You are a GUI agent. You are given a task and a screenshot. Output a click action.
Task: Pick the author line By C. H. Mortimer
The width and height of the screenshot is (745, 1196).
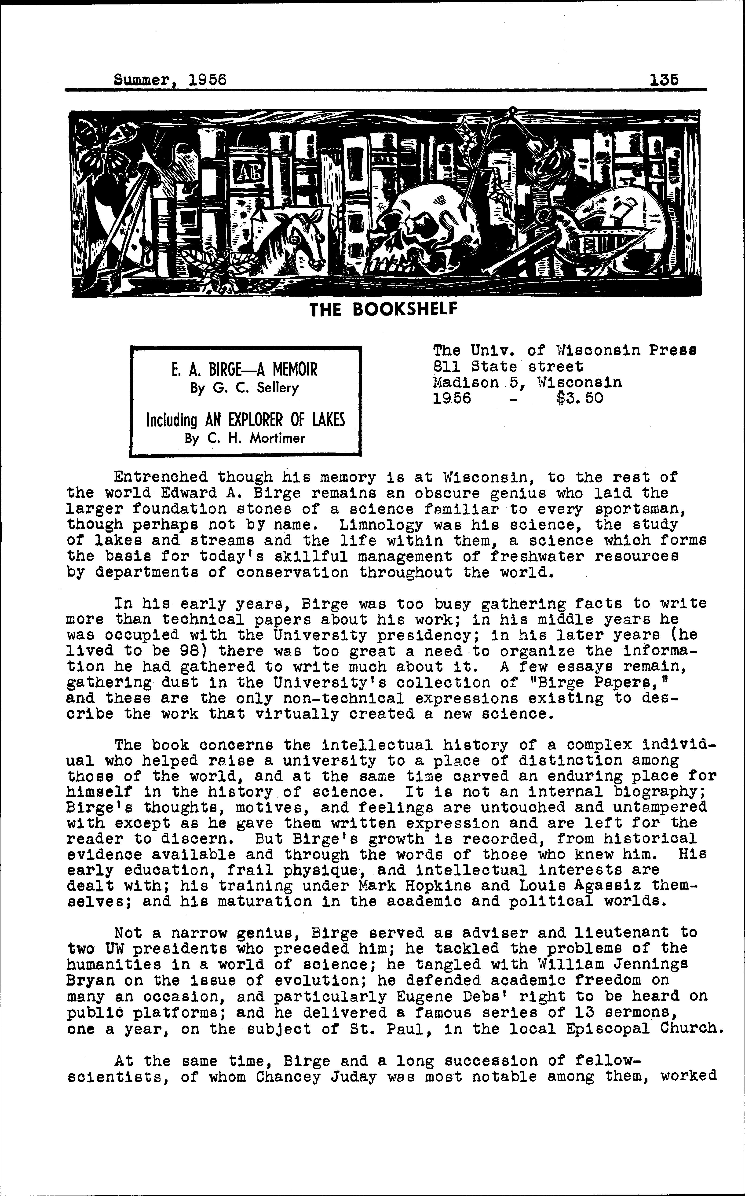245,438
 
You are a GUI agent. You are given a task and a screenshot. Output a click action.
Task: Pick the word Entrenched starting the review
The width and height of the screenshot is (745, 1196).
160,477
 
